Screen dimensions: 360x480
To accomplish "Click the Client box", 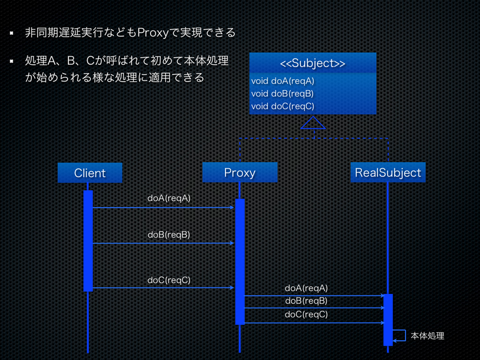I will point(90,173).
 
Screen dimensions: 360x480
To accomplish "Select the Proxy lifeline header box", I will point(239,173).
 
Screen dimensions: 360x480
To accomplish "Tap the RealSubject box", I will point(388,173).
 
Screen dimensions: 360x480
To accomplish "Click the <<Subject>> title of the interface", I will point(313,64).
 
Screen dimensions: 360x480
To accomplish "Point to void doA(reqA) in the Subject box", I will point(283,81).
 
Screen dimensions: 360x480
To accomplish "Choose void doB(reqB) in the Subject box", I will point(282,94).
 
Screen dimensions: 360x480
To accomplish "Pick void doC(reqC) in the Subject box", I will point(283,106).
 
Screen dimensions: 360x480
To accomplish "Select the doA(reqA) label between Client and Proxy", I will point(169,197).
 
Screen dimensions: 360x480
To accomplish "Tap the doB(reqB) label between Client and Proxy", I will point(169,235).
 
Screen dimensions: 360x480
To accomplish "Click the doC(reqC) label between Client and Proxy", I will point(169,280).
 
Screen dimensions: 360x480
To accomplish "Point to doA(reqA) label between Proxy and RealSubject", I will point(306,288).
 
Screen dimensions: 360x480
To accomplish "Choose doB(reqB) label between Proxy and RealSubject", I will point(306,301).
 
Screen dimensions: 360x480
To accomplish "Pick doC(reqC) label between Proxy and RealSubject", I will point(306,314).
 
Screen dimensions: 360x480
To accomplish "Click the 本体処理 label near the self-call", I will point(427,336).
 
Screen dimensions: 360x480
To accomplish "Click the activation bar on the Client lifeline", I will point(88,240).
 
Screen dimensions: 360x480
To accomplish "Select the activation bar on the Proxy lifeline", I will point(239,261).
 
